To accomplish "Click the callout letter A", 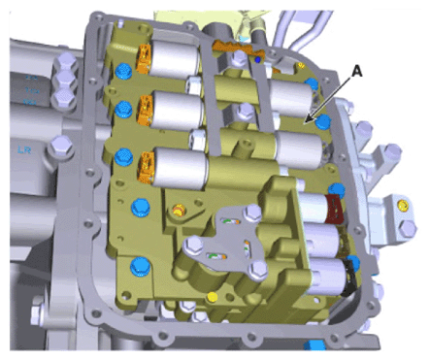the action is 356,71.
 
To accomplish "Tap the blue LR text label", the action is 24,149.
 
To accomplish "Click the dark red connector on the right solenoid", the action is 335,209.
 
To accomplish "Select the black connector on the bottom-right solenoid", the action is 349,278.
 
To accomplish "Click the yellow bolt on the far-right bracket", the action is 403,205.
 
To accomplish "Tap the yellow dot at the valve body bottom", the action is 213,296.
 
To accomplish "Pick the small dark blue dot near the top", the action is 258,59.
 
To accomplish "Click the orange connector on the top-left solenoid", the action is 145,58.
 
